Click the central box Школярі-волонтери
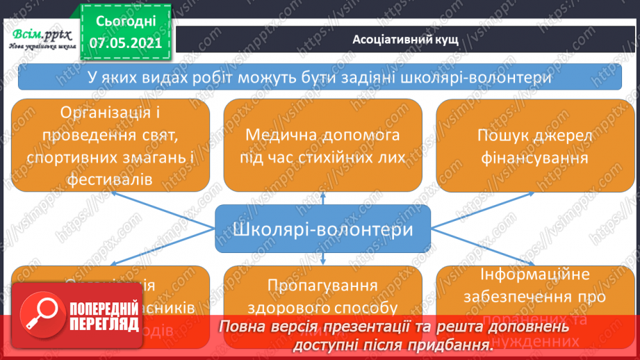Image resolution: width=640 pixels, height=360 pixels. pyautogui.click(x=323, y=229)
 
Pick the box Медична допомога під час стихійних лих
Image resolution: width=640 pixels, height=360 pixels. pyautogui.click(x=323, y=145)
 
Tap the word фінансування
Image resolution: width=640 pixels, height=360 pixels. pyautogui.click(x=533, y=158)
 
